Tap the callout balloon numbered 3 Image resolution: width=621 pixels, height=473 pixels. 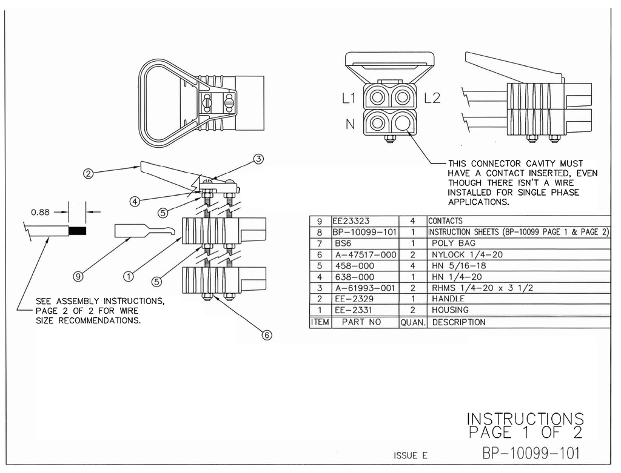pyautogui.click(x=258, y=159)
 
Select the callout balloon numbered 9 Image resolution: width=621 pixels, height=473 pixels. pyautogui.click(x=78, y=276)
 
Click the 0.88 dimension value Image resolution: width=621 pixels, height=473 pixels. pyautogui.click(x=41, y=212)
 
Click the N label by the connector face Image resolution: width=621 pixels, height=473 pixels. pyautogui.click(x=350, y=125)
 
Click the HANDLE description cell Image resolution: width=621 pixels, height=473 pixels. pyautogui.click(x=449, y=299)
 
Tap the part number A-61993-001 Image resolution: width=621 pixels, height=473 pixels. pyautogui.click(x=364, y=288)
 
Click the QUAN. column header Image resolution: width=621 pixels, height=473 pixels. pyautogui.click(x=413, y=322)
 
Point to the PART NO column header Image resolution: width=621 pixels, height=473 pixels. pyautogui.click(x=361, y=322)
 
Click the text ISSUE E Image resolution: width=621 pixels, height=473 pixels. pyautogui.click(x=411, y=455)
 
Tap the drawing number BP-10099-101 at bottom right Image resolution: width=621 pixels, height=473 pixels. pyautogui.click(x=532, y=452)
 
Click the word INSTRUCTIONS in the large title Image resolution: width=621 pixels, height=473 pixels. pyautogui.click(x=525, y=418)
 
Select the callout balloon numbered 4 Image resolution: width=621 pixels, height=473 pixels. pyautogui.click(x=135, y=199)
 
